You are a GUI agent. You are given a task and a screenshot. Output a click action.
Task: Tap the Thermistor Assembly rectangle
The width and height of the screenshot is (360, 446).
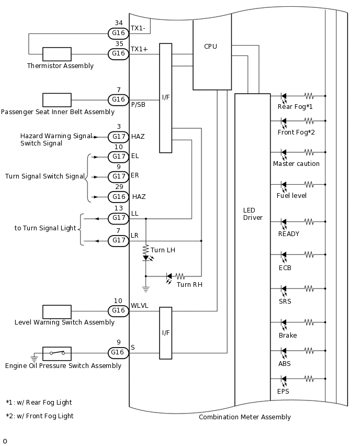click(x=57, y=54)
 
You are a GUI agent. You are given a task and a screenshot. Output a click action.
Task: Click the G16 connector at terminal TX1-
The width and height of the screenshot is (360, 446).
click(x=118, y=34)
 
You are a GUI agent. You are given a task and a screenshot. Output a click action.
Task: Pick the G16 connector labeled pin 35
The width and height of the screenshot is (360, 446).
click(x=118, y=54)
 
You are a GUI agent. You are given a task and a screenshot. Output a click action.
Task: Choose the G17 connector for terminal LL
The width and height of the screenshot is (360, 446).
click(x=118, y=218)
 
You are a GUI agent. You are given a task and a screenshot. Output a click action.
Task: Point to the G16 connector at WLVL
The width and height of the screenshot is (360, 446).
click(x=118, y=311)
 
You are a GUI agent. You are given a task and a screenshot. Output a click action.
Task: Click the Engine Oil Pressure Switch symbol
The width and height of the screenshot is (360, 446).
click(x=57, y=353)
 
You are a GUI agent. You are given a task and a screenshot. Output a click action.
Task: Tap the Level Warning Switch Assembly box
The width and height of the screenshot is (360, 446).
click(x=57, y=311)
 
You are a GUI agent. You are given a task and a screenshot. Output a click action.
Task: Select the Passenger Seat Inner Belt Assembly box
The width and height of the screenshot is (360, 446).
click(x=57, y=99)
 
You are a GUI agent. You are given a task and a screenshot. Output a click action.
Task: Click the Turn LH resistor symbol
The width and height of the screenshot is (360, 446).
click(x=146, y=249)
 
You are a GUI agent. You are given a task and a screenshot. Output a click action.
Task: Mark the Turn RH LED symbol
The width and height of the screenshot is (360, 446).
click(x=169, y=276)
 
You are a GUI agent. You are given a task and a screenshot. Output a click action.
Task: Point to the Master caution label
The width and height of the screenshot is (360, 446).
click(x=296, y=164)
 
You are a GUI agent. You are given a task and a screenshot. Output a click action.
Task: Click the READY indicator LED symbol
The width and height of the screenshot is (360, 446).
click(x=284, y=222)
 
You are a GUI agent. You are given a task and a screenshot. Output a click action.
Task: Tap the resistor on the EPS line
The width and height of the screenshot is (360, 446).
click(x=309, y=378)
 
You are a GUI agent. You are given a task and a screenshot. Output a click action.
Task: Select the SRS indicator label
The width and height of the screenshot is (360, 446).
click(x=285, y=302)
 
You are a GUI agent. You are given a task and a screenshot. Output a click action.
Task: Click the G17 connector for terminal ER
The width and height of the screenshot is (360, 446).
click(x=118, y=177)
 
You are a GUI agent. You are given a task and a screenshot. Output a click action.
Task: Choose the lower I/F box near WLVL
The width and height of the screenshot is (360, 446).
click(x=165, y=333)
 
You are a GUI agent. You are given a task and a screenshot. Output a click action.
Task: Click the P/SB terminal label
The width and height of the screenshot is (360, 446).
click(x=138, y=105)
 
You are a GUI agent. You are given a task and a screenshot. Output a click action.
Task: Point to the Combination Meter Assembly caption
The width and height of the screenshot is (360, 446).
click(x=244, y=417)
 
